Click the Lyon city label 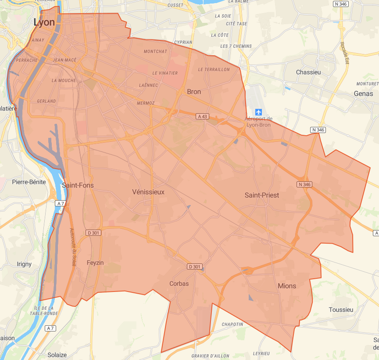click(44, 22)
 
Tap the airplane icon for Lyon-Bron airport click(258, 112)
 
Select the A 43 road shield click(202, 116)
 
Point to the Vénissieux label click(148, 192)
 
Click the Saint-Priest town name click(262, 195)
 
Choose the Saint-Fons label click(78, 185)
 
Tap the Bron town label click(194, 92)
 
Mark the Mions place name click(287, 286)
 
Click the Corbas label click(179, 284)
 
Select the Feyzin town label click(95, 263)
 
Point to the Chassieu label click(309, 72)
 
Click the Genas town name click(363, 94)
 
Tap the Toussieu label click(341, 310)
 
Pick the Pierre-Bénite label click(29, 182)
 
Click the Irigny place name click(24, 264)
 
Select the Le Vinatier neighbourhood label click(165, 73)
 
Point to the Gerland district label click(46, 101)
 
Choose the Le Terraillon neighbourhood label click(214, 69)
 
